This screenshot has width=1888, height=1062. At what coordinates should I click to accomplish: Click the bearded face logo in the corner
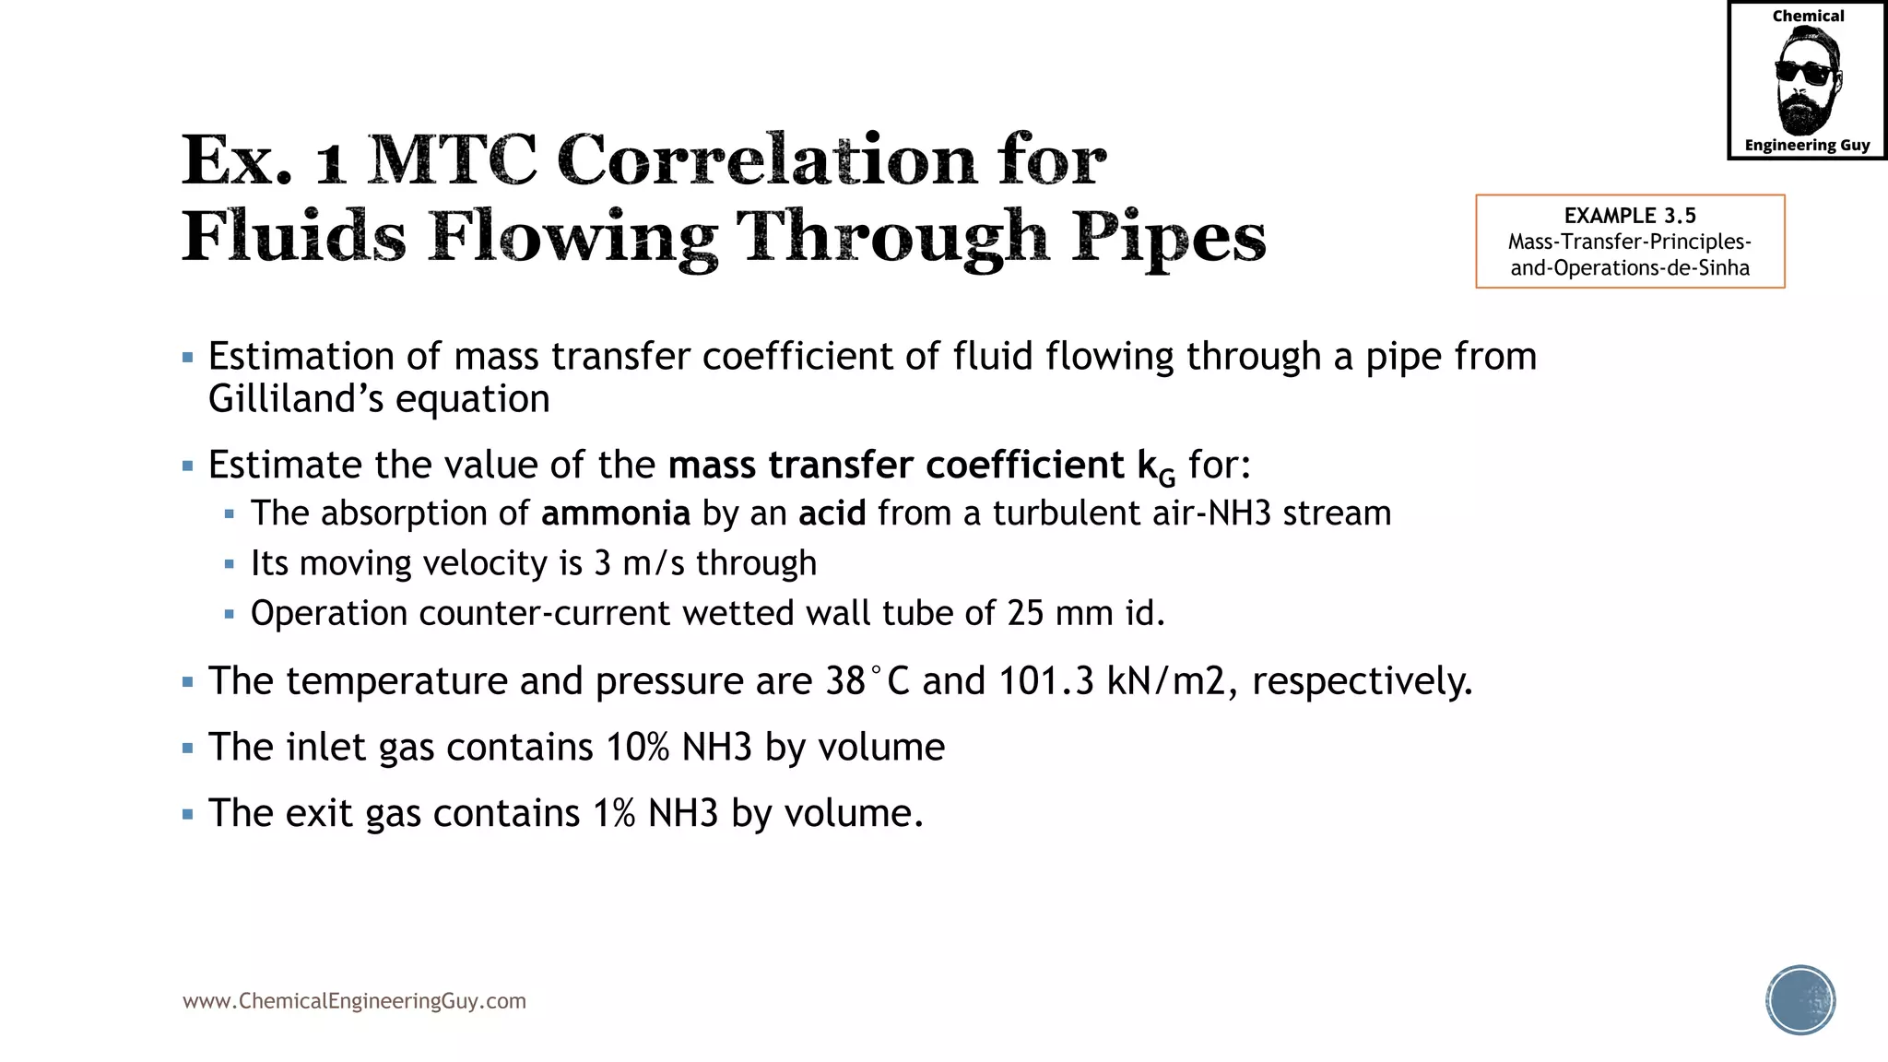(x=1807, y=81)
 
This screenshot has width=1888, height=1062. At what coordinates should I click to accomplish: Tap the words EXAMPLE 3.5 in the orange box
(x=1629, y=216)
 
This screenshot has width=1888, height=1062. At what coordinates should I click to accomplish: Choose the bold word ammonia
(x=615, y=513)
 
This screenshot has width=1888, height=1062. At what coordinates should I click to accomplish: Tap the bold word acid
(x=832, y=513)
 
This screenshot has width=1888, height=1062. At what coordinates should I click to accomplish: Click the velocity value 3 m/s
(x=639, y=563)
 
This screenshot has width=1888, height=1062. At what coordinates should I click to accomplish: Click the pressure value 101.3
(x=1045, y=681)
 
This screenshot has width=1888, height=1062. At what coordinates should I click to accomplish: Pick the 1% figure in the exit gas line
(x=614, y=814)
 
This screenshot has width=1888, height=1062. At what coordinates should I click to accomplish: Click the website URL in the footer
(x=354, y=1001)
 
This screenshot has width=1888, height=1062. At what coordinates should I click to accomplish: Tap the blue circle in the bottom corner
(x=1800, y=1000)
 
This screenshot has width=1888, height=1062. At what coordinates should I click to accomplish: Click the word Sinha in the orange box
(x=1724, y=268)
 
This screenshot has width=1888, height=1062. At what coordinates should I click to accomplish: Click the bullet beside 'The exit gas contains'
(x=188, y=815)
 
